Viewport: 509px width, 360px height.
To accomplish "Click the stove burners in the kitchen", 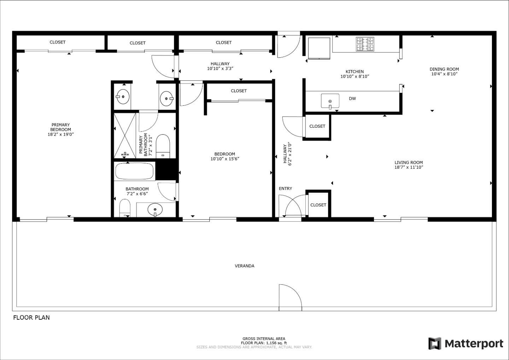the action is point(365,44).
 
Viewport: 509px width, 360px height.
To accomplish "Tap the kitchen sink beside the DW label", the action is point(330,101).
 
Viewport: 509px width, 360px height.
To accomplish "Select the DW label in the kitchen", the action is point(352,98).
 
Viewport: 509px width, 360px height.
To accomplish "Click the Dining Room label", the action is point(444,69).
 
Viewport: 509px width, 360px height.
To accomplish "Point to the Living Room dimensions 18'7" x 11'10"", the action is point(409,167).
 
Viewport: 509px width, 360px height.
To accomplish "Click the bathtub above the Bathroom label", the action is point(134,171).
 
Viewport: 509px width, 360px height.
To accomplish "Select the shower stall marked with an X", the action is point(125,135).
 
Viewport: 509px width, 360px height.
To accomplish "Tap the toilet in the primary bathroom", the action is point(163,146).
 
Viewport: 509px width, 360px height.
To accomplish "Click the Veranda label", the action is point(245,266).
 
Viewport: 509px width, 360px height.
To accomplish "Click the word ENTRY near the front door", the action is point(285,188).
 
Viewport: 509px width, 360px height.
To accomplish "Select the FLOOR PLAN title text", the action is point(31,318).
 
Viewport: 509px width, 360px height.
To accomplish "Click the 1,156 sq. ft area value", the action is point(276,343).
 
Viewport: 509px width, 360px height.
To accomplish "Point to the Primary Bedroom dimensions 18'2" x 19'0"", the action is point(61,134).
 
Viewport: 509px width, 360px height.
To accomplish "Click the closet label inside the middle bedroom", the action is point(239,91).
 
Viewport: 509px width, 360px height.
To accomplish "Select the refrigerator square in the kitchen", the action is point(319,48).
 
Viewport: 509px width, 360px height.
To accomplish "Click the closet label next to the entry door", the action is point(318,205).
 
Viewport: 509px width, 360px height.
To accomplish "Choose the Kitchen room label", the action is point(355,71).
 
